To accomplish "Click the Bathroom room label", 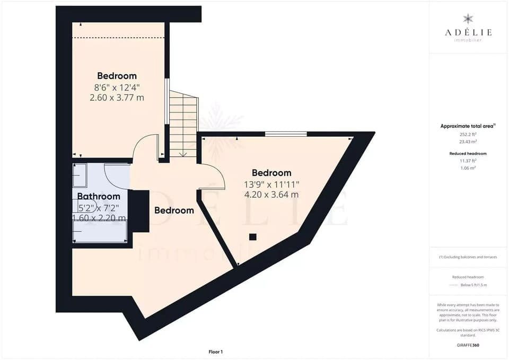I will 99,197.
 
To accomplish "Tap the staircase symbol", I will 183,124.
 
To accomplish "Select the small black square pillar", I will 253,236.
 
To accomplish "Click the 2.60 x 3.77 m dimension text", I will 117,98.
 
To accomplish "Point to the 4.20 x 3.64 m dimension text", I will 271,195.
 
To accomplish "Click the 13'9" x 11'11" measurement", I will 271,185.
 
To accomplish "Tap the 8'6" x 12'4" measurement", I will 117,87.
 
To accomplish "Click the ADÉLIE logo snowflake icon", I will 468,19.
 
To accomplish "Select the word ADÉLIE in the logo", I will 468,32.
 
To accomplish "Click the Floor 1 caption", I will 215,352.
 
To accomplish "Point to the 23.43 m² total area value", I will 468,141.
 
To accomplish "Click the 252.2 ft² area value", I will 468,135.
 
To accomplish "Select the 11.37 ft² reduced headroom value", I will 468,160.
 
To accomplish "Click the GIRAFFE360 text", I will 468,345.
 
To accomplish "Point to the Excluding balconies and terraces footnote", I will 468,257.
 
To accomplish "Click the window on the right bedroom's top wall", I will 286,134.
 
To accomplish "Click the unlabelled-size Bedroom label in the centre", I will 174,210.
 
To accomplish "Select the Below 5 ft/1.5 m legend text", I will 473,285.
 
